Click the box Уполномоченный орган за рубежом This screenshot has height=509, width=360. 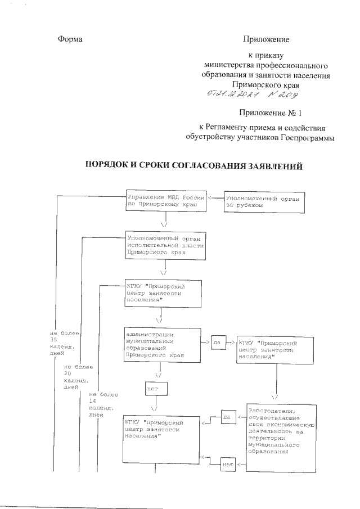pos(264,202)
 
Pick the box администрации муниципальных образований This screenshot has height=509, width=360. pos(164,344)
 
